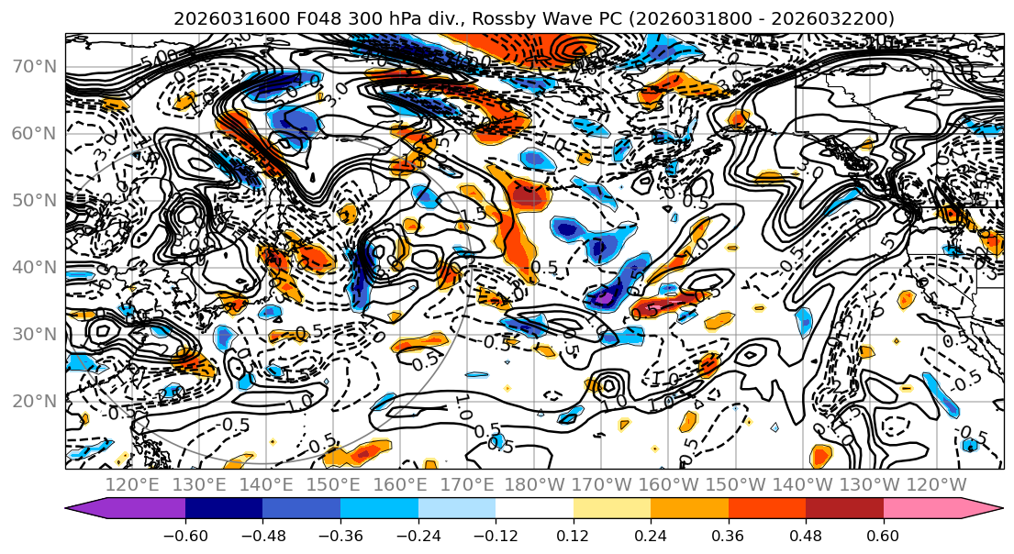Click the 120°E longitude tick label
click(133, 484)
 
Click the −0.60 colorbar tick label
click(185, 535)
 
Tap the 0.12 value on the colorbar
click(574, 535)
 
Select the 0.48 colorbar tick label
click(806, 535)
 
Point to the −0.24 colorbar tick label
click(418, 535)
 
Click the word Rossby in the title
click(457, 18)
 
